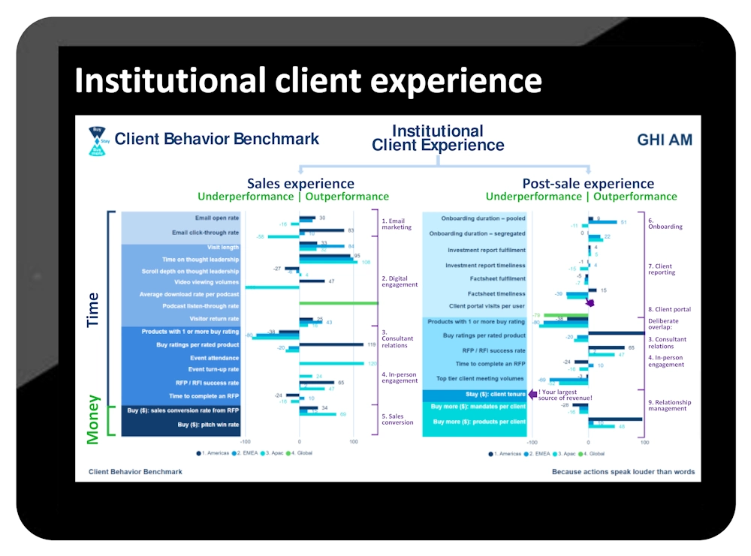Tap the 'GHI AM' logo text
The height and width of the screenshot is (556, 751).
pos(665,140)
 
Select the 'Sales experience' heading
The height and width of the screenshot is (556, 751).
pos(300,184)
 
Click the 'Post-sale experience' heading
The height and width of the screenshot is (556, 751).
pos(588,184)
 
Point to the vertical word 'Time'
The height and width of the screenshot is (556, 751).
pos(93,309)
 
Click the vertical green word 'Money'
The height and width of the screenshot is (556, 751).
pos(93,420)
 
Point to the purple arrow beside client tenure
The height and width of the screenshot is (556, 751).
pos(533,393)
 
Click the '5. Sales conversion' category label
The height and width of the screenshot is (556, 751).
pos(397,419)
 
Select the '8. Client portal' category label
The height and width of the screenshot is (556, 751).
pos(669,309)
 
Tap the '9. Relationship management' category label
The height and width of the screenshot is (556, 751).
pos(669,404)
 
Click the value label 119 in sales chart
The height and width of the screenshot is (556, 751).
pos(371,344)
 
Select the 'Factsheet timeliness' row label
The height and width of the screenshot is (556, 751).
pos(496,293)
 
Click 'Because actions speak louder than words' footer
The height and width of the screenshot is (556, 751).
pos(623,472)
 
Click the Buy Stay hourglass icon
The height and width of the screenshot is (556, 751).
pos(97,140)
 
